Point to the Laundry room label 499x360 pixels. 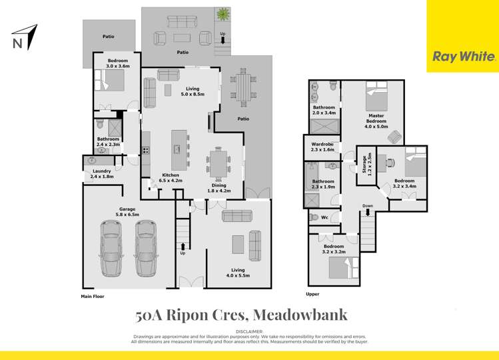[102, 174]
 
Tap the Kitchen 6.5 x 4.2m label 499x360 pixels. [172, 178]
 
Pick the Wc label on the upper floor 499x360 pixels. [324, 217]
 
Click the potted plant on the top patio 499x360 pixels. [220, 14]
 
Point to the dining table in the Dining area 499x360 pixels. [219, 161]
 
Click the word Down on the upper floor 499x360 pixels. [367, 206]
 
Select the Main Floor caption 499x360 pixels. [93, 296]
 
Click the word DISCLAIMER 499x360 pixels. [250, 331]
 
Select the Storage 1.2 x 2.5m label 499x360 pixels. [366, 164]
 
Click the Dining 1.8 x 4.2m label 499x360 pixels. [219, 189]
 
